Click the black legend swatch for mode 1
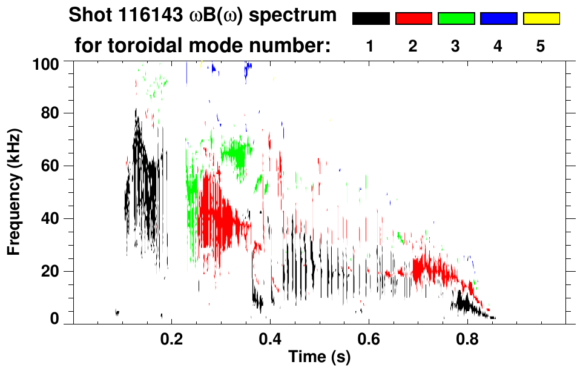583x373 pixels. [x=371, y=19]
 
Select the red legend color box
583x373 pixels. [x=413, y=19]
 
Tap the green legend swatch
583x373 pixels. [x=456, y=19]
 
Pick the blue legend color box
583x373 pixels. [x=498, y=19]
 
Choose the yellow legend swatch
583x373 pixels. [x=541, y=19]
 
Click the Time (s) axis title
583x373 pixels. [x=319, y=357]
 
